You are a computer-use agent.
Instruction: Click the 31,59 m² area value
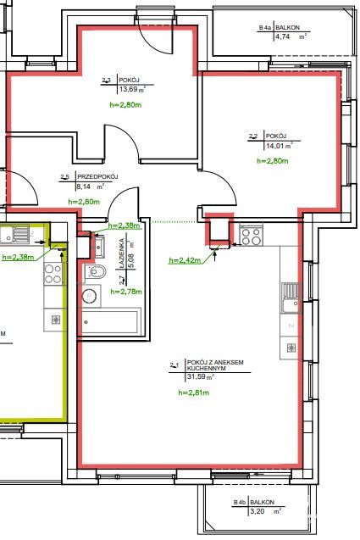195,377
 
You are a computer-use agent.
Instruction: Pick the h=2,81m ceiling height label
195,393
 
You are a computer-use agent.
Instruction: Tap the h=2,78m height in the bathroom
126,291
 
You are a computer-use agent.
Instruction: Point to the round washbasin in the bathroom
91,296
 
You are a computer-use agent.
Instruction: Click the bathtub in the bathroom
108,323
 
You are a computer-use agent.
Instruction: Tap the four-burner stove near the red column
251,235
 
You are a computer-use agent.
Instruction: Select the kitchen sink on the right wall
290,296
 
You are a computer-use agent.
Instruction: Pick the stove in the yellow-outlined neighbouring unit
53,274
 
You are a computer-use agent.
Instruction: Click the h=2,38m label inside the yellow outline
19,257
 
